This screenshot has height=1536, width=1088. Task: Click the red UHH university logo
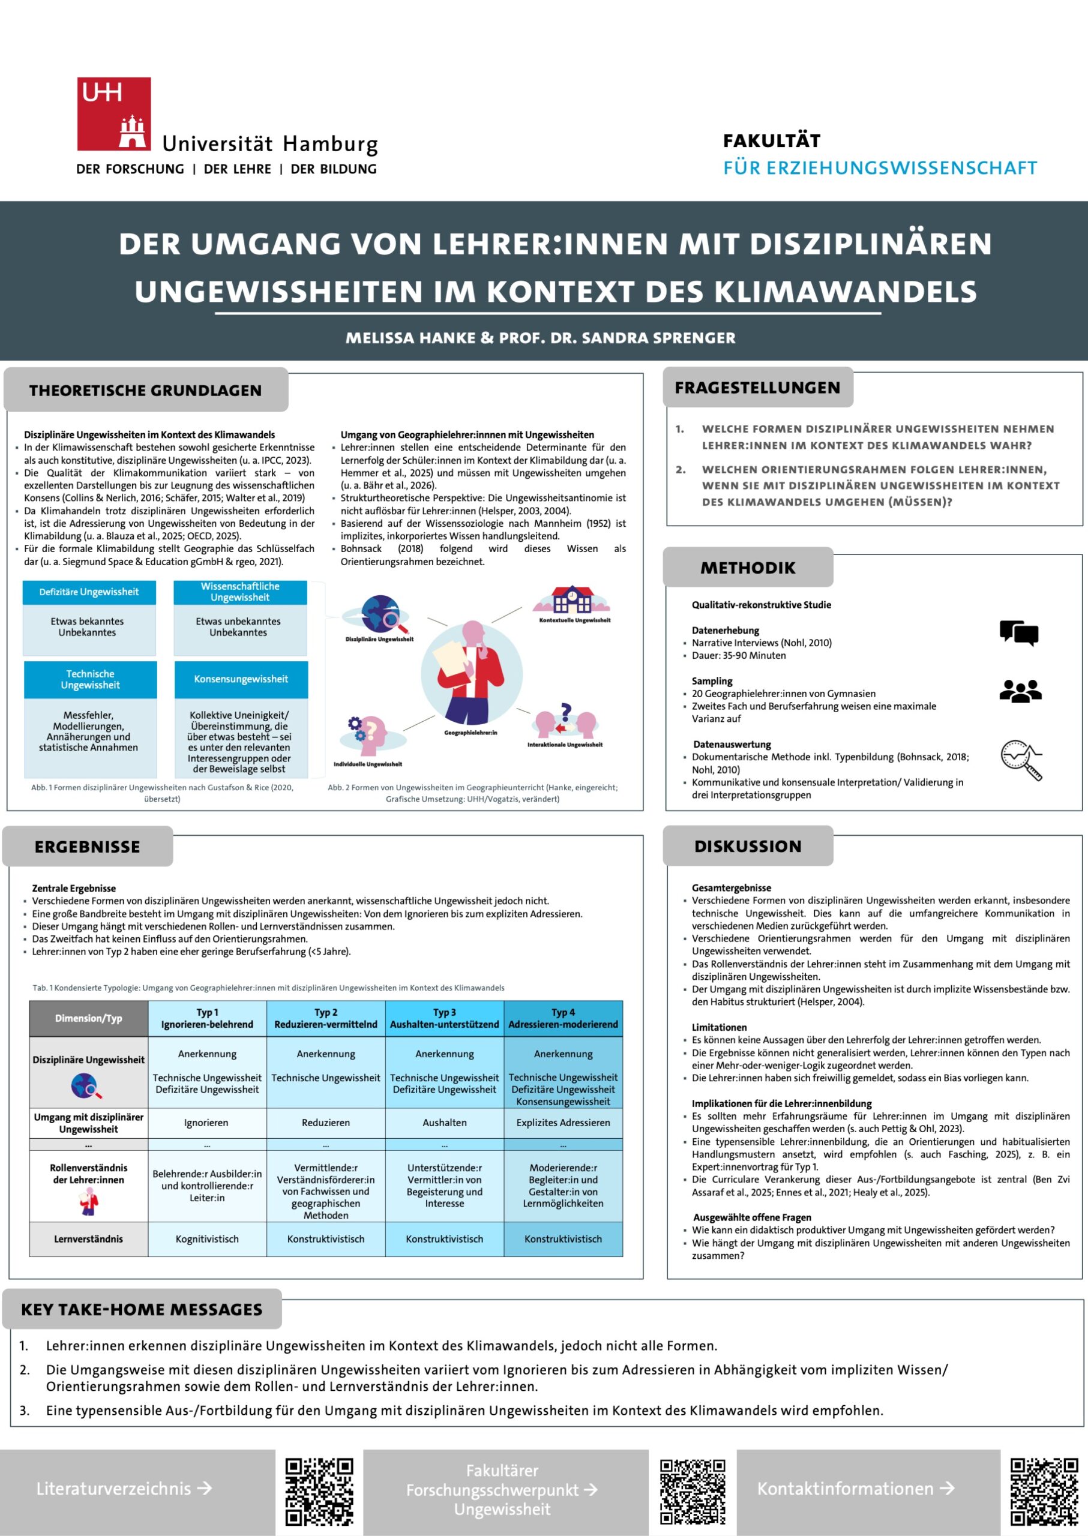coord(114,113)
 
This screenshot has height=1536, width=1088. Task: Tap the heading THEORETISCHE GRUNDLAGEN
coord(145,391)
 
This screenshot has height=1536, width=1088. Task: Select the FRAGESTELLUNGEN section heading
coord(757,388)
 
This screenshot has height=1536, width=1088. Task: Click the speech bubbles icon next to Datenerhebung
coord(1018,632)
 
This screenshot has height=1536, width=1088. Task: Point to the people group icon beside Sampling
coord(1020,691)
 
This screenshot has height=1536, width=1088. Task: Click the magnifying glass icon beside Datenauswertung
coord(1021,760)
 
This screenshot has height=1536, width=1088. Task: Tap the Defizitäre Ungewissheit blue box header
coord(89,592)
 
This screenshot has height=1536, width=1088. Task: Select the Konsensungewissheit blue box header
coord(241,679)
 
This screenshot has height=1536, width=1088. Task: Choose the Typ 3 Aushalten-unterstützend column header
coord(444,1018)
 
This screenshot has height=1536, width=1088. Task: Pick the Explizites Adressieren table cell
coord(563,1123)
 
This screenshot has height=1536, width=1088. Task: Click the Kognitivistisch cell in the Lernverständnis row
coord(207,1239)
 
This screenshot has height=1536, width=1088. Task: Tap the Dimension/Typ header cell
coord(88,1018)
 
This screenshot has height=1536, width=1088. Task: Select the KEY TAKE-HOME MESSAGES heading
coord(142,1310)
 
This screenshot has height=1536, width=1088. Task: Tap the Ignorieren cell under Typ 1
coord(206,1123)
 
